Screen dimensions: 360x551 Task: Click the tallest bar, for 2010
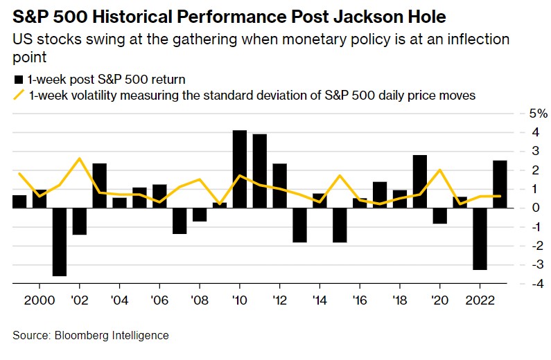point(240,168)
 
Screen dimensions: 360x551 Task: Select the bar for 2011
point(260,170)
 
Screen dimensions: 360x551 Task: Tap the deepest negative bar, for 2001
point(60,242)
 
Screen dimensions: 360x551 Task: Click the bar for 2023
point(500,183)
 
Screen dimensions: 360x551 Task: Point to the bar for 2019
point(419,181)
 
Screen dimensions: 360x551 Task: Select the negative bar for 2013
point(299,224)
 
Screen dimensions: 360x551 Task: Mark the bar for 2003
point(99,185)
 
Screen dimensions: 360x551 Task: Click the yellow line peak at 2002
point(79,159)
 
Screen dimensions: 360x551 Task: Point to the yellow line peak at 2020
point(440,170)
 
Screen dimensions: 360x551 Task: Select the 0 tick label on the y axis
point(524,207)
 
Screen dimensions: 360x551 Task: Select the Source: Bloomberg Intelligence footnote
point(90,335)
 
